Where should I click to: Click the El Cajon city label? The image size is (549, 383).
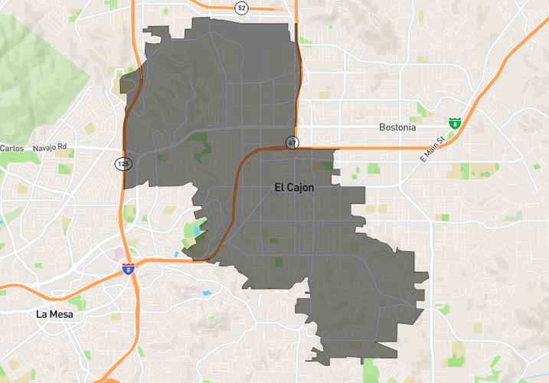[294, 187]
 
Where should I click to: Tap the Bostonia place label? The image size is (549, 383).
[397, 127]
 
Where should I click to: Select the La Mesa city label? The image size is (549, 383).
[56, 314]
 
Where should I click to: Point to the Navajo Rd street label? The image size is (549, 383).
[51, 147]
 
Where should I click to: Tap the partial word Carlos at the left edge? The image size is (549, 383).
[12, 148]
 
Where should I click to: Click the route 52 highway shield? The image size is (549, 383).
[242, 8]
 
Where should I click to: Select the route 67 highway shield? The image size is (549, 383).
[292, 142]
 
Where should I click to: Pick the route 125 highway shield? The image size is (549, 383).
[123, 163]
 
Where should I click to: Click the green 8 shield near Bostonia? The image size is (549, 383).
[455, 123]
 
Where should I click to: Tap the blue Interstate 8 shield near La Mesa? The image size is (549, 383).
[128, 269]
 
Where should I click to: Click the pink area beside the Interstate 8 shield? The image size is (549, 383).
[119, 254]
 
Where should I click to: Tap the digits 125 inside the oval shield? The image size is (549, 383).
[123, 163]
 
